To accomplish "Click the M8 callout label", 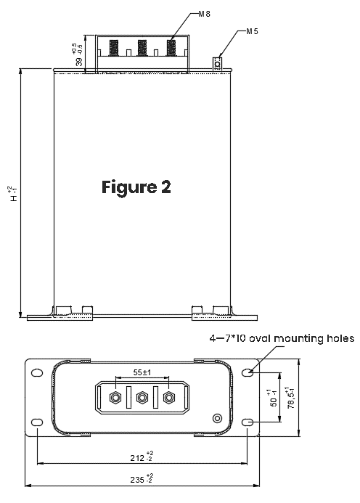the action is tap(205, 14).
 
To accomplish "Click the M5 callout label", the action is tap(252, 31).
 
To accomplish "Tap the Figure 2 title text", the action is tap(136, 187).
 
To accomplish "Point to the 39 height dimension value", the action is tap(79, 62).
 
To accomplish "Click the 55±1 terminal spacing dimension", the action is tap(142, 372).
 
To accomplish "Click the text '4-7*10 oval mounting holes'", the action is tap(282, 338).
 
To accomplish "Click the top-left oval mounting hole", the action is tap(37, 373).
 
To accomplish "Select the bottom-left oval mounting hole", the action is tap(37, 422).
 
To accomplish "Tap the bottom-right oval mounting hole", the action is tap(247, 422).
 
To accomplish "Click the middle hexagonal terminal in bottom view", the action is tap(142, 398).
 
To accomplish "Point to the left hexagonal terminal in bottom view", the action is tap(115, 398).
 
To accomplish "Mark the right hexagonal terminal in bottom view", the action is tap(169, 398).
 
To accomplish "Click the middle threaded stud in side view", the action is tap(142, 47).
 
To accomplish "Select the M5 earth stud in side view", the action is tap(218, 64).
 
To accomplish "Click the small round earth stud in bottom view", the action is tap(217, 418).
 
